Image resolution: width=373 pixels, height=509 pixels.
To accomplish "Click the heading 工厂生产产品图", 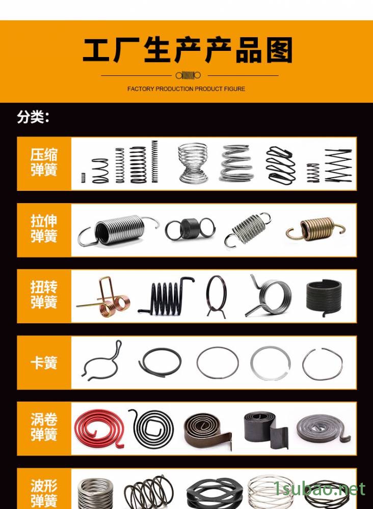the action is click(x=188, y=50).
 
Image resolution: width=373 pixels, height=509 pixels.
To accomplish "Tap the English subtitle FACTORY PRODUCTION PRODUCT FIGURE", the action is click(x=186, y=89).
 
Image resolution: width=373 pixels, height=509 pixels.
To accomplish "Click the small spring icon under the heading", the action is click(x=188, y=75).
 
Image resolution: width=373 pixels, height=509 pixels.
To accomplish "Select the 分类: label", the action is click(x=33, y=117).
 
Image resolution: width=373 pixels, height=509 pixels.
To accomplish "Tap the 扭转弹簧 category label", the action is click(x=44, y=295).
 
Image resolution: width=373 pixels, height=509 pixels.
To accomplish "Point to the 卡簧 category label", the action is click(x=44, y=362).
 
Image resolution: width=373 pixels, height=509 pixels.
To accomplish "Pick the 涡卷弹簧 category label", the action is click(x=44, y=427).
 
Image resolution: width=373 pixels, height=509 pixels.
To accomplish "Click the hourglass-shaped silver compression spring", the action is click(x=193, y=163).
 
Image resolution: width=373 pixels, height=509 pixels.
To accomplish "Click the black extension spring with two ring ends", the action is click(x=190, y=229).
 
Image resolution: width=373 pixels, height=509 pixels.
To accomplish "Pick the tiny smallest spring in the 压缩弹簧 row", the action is click(x=83, y=178).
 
